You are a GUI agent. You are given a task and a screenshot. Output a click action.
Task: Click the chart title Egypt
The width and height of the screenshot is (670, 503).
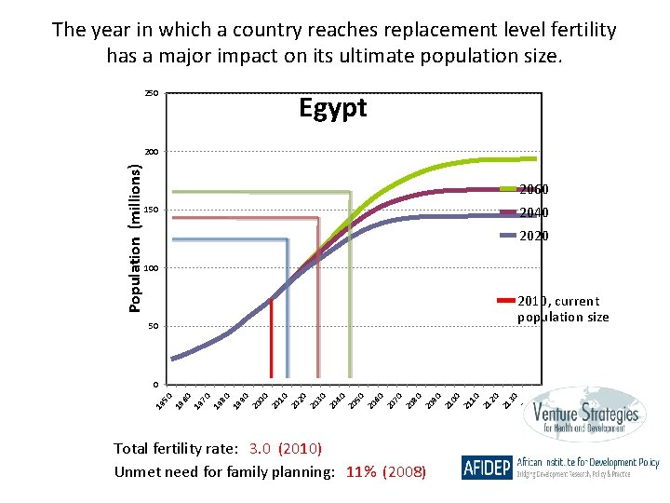pos(332,108)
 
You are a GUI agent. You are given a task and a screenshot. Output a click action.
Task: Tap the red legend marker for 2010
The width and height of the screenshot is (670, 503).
pos(506,301)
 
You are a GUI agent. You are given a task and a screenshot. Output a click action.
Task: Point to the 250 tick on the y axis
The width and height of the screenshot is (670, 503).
pos(151,93)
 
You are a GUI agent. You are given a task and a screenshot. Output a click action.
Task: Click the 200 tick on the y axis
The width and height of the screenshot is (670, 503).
pos(151,151)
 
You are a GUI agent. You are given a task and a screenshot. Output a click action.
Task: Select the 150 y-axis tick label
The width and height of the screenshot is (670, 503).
pos(151,210)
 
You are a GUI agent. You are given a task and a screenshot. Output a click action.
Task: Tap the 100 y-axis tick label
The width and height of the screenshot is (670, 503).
pos(151,268)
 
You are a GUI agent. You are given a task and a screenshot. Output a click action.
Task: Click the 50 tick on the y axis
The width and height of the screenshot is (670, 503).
pos(153,326)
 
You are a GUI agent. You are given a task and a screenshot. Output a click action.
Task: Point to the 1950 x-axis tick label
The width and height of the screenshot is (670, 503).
pos(164,401)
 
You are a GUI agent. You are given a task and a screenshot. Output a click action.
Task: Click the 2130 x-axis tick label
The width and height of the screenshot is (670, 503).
pos(510,401)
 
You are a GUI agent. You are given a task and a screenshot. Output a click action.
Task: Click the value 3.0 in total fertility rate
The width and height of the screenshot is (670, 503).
pos(259,448)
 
